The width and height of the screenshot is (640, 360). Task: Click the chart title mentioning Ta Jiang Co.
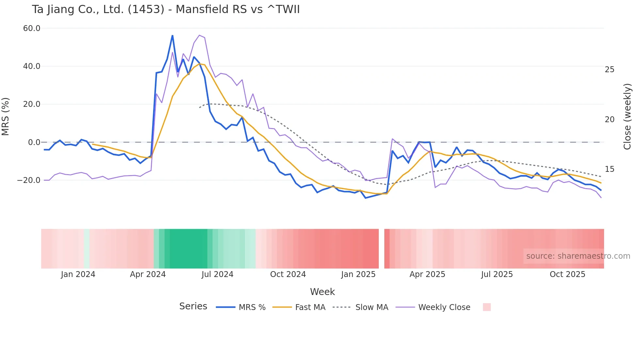(166, 9)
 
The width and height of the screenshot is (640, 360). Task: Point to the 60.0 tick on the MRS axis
(32, 28)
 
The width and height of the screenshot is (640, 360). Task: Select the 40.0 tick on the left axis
(32, 66)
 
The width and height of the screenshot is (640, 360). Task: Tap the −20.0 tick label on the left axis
(29, 180)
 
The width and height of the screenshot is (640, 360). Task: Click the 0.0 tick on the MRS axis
(34, 142)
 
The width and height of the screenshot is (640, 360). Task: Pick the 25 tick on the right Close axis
(609, 70)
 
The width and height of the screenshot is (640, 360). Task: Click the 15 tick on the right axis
(609, 169)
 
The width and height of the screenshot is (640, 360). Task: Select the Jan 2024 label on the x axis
(78, 274)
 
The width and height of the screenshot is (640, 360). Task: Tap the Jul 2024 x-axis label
(217, 274)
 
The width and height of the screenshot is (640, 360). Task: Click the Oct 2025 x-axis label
(568, 274)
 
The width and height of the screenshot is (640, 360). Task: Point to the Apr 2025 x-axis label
(427, 274)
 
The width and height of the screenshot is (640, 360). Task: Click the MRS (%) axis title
(6, 117)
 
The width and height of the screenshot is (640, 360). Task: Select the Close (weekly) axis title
(627, 117)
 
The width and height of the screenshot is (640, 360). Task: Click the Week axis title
(322, 292)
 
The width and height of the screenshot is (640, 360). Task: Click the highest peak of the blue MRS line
(172, 36)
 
